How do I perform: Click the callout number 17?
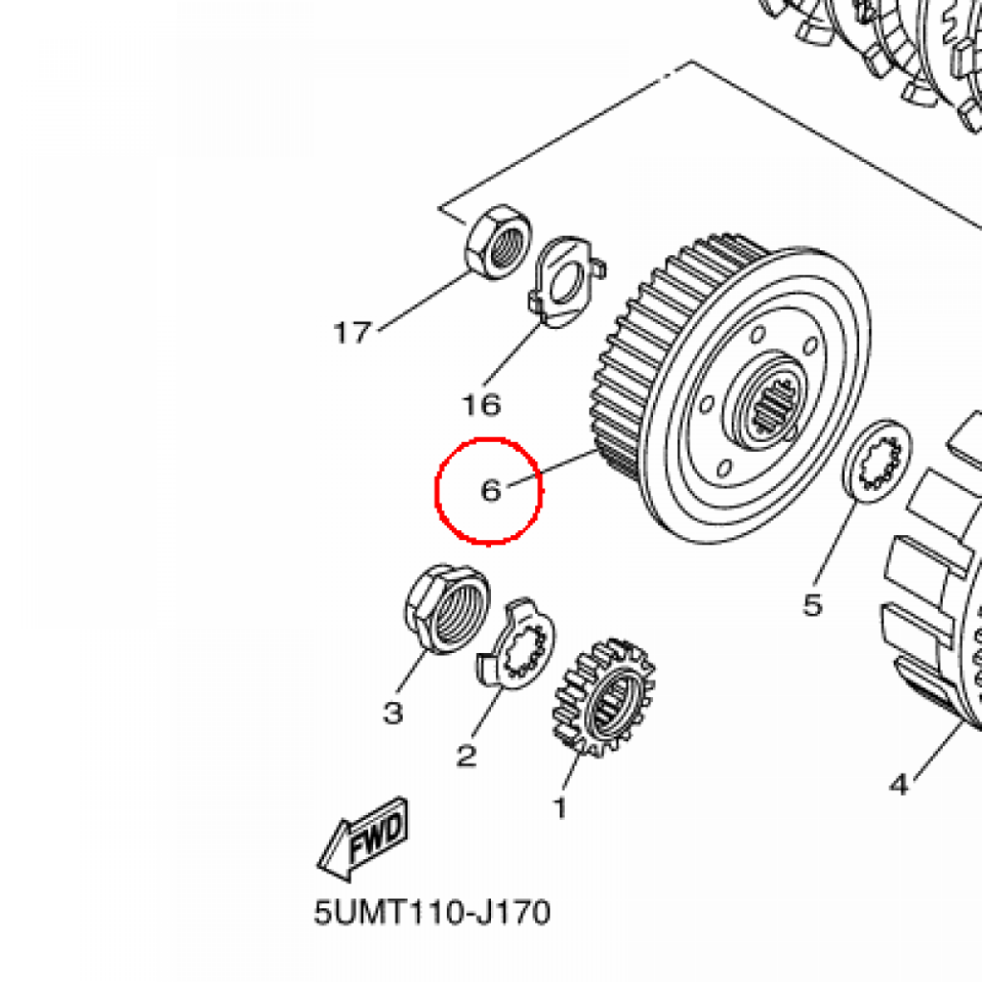tap(353, 333)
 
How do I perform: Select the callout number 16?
tap(481, 405)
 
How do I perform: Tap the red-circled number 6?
tap(491, 490)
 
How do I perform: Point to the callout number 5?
tap(812, 605)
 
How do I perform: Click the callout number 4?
tap(900, 784)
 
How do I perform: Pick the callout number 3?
tap(392, 713)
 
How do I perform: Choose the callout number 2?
tap(467, 756)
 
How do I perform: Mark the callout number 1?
tap(560, 807)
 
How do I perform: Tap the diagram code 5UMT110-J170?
tap(433, 913)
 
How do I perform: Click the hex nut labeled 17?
tap(498, 242)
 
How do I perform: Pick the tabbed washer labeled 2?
tap(516, 643)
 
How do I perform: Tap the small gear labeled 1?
tap(604, 696)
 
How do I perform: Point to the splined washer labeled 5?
tap(878, 460)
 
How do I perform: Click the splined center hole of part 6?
tap(774, 406)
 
